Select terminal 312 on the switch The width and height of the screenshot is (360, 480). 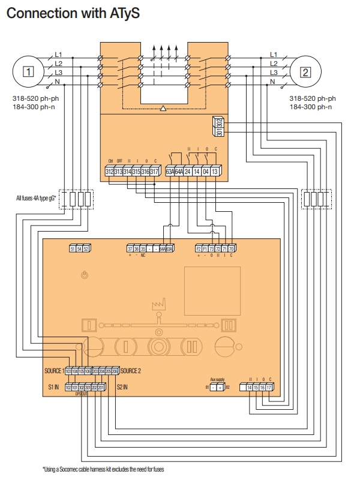click(x=110, y=172)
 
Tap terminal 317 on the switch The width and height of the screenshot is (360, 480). click(x=154, y=172)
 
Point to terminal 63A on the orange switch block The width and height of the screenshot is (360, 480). click(x=170, y=172)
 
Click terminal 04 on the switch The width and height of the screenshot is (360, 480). click(x=206, y=172)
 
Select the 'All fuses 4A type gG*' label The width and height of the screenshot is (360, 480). click(x=37, y=197)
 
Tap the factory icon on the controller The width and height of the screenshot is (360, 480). click(x=159, y=305)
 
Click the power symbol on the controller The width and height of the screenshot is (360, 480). click(x=85, y=275)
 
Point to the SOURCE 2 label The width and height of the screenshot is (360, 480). click(x=131, y=371)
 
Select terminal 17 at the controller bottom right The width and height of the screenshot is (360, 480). click(x=270, y=388)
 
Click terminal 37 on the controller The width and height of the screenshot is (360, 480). click(x=130, y=248)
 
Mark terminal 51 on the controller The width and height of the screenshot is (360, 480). click(x=73, y=248)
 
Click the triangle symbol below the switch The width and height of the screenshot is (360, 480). click(x=163, y=109)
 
